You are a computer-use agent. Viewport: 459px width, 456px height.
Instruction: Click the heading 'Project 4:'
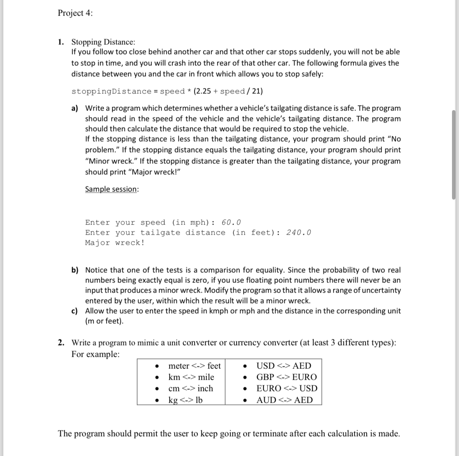tap(75, 13)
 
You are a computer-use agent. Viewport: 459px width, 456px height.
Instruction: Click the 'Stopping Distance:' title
tap(103, 42)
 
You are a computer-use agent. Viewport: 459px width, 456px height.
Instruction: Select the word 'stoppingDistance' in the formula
tap(111, 91)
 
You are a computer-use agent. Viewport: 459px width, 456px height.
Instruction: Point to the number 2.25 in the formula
tap(202, 91)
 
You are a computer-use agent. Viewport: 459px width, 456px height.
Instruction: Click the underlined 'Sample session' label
tap(111, 189)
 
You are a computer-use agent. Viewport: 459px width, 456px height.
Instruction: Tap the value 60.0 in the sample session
tap(231, 223)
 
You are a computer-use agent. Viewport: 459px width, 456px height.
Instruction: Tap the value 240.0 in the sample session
tap(299, 233)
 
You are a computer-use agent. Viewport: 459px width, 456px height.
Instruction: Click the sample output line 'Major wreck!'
tap(115, 243)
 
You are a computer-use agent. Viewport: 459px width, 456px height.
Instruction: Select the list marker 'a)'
tap(75, 108)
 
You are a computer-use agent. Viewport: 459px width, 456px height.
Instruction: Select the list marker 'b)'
tap(75, 270)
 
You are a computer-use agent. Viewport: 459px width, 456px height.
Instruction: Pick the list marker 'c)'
tap(75, 311)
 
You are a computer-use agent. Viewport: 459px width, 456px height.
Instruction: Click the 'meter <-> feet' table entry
tap(194, 366)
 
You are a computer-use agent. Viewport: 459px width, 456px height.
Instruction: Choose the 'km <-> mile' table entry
tap(191, 377)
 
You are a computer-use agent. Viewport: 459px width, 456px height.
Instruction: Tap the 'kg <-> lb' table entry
tap(185, 400)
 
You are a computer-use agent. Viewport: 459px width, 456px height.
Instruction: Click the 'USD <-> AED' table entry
tap(283, 366)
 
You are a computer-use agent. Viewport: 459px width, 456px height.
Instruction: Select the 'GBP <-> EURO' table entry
tap(286, 377)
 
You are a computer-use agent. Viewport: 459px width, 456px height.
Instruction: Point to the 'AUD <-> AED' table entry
tap(284, 400)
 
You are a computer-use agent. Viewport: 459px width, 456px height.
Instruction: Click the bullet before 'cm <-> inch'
tap(157, 389)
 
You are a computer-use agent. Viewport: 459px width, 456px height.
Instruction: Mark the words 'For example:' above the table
tap(95, 354)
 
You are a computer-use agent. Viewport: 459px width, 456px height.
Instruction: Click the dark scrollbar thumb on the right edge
tap(454, 155)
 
